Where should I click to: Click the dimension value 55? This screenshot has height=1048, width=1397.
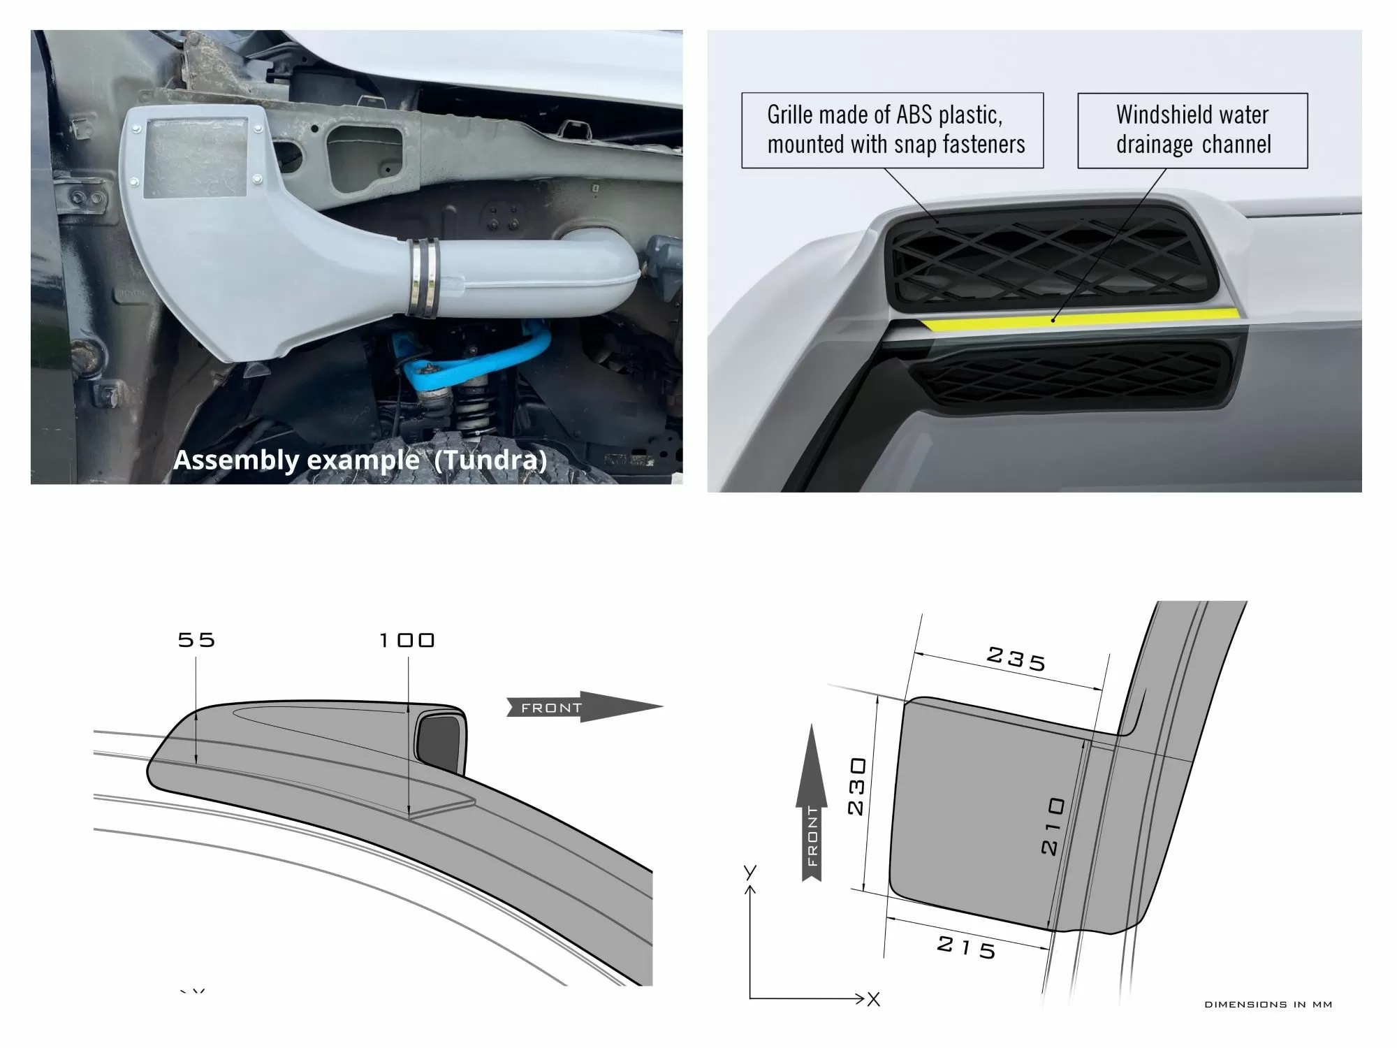(196, 640)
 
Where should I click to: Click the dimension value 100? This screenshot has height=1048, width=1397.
(407, 640)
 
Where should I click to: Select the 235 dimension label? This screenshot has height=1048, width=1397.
(1016, 659)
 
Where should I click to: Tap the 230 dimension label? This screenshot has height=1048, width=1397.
(857, 786)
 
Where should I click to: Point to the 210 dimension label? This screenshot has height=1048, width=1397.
(1052, 826)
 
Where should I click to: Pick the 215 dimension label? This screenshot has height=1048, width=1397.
(967, 947)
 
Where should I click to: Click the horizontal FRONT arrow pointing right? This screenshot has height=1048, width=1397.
(584, 707)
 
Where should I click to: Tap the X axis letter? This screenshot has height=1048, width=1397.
(873, 999)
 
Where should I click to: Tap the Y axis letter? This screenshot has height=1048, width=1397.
(750, 872)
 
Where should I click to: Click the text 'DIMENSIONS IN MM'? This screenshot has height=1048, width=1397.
(1268, 1005)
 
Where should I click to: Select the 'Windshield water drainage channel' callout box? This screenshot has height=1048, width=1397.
(1192, 131)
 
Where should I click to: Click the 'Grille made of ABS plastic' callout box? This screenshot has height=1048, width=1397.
(892, 131)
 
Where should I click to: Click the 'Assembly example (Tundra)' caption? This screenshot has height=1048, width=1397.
(360, 460)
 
